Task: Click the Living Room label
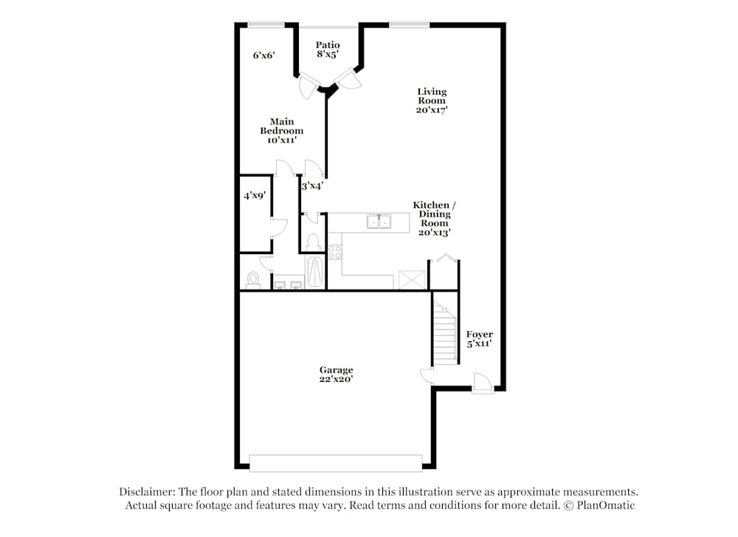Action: click(432, 100)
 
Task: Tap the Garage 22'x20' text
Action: click(336, 374)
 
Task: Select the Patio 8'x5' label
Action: click(328, 49)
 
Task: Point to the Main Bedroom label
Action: click(281, 131)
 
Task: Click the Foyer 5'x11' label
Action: click(479, 339)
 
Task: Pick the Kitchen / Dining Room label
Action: click(433, 218)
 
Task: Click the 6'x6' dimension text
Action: click(263, 55)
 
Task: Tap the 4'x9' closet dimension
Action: click(255, 196)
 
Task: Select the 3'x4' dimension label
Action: click(311, 186)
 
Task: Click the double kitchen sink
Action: click(379, 221)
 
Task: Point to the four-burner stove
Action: click(335, 251)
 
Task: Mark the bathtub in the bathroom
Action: click(315, 273)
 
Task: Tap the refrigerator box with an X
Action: click(412, 280)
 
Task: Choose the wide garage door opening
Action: click(336, 463)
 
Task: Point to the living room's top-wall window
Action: click(409, 24)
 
